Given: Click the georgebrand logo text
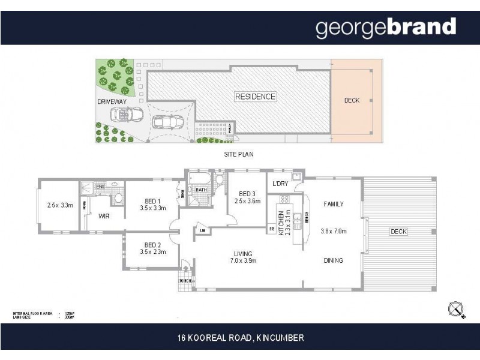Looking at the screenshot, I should (386, 28).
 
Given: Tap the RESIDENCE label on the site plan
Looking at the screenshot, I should (255, 97).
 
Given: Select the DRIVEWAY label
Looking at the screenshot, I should (112, 102).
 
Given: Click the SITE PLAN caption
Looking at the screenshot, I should (238, 154).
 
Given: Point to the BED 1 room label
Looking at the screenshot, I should (152, 201).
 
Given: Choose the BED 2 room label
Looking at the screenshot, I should (152, 244).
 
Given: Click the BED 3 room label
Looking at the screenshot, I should (247, 194).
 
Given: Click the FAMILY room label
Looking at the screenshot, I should (333, 204).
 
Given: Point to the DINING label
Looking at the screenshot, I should (333, 260).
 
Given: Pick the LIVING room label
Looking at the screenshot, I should (243, 253).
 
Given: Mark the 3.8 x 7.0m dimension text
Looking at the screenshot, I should (334, 231).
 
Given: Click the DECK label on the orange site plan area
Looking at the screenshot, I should (352, 100).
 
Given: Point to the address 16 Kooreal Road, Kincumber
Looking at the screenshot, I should (241, 338).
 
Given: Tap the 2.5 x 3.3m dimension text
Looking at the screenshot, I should (59, 205).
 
